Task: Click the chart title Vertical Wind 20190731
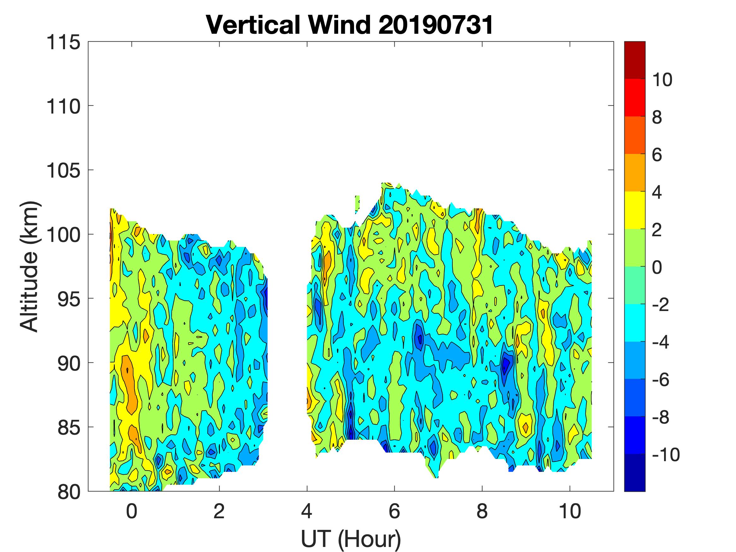(349, 25)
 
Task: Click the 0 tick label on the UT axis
(132, 511)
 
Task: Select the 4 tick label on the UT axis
(306, 511)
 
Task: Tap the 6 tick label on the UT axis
(394, 511)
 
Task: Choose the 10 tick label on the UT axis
(570, 511)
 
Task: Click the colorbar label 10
(662, 79)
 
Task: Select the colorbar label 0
(657, 267)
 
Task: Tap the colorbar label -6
(661, 379)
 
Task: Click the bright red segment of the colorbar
(634, 97)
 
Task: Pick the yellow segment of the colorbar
(634, 210)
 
